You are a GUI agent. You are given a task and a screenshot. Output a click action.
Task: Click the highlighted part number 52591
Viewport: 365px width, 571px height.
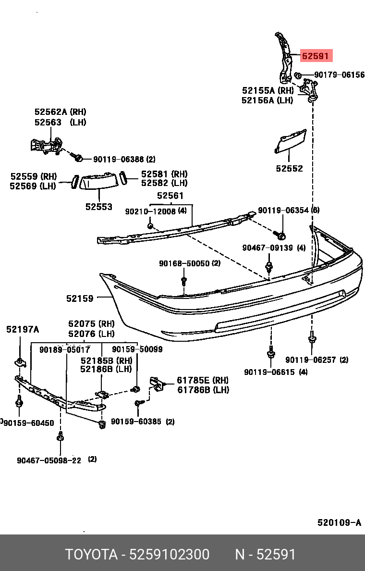pyautogui.click(x=315, y=56)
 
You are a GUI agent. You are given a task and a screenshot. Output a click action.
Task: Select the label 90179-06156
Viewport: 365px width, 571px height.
pyautogui.click(x=339, y=75)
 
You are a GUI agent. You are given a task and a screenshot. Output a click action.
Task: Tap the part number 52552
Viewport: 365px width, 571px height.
pyautogui.click(x=289, y=169)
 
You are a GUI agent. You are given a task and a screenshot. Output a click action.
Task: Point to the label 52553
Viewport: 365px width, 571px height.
pyautogui.click(x=99, y=207)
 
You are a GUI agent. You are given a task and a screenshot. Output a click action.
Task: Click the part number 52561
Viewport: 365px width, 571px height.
pyautogui.click(x=170, y=196)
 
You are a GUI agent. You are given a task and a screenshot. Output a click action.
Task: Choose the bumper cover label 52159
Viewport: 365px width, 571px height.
pyautogui.click(x=80, y=298)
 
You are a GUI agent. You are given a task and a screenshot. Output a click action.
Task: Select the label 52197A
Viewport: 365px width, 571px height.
pyautogui.click(x=23, y=329)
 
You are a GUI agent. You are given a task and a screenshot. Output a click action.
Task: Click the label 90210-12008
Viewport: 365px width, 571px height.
pyautogui.click(x=151, y=211)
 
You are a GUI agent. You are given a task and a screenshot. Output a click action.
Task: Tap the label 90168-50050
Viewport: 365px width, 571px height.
pyautogui.click(x=184, y=263)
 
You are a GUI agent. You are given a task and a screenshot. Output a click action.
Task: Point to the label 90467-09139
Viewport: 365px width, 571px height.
pyautogui.click(x=267, y=248)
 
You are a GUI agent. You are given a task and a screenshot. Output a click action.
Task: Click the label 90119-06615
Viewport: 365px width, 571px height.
pyautogui.click(x=269, y=372)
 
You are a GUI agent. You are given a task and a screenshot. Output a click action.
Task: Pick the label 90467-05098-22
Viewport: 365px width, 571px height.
pyautogui.click(x=49, y=460)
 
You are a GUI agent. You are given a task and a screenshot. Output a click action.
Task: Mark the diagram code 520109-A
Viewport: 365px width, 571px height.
pyautogui.click(x=339, y=523)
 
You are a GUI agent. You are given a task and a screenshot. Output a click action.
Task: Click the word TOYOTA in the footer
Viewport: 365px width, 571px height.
pyautogui.click(x=91, y=555)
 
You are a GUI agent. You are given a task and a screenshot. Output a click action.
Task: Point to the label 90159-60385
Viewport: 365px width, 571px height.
pyautogui.click(x=136, y=422)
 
